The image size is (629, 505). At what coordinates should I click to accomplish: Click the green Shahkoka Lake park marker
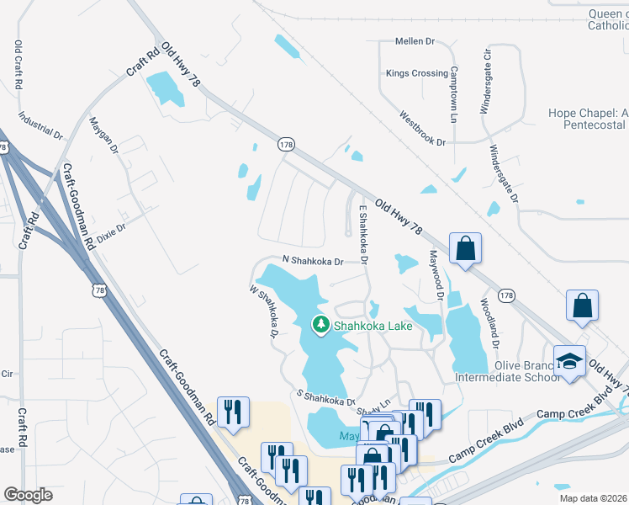[320, 325]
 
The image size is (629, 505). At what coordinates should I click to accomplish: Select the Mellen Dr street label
[415, 40]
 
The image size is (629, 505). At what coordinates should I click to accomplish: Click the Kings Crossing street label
[416, 73]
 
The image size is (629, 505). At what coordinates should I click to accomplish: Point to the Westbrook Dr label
[422, 129]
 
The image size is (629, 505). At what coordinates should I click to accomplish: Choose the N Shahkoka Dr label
[313, 262]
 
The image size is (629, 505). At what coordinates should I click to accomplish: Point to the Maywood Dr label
[436, 274]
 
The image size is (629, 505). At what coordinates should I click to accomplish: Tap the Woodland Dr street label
[489, 324]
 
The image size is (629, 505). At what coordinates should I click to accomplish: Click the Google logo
[29, 494]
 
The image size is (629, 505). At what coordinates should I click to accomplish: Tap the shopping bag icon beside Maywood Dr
[465, 248]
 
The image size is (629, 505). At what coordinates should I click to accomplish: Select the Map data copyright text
[593, 498]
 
